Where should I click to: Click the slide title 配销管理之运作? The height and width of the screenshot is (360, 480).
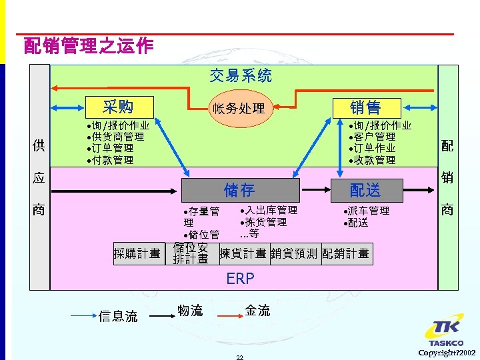pyautogui.click(x=88, y=46)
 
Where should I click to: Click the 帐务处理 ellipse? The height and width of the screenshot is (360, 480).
pyautogui.click(x=238, y=108)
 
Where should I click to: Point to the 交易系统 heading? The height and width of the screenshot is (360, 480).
pyautogui.click(x=241, y=75)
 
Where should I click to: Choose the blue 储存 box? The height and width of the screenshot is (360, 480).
pyautogui.click(x=239, y=190)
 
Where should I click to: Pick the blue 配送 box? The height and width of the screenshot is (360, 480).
pyautogui.click(x=365, y=191)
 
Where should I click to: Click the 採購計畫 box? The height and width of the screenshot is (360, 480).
pyautogui.click(x=137, y=253)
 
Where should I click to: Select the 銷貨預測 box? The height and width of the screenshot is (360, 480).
pyautogui.click(x=295, y=253)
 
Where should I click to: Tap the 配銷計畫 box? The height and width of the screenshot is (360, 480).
pyautogui.click(x=345, y=253)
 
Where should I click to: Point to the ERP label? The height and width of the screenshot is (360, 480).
pyautogui.click(x=240, y=279)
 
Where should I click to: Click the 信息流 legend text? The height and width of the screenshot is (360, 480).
pyautogui.click(x=118, y=316)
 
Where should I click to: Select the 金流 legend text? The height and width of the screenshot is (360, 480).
pyautogui.click(x=257, y=310)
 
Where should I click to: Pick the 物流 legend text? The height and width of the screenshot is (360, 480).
pyautogui.click(x=190, y=310)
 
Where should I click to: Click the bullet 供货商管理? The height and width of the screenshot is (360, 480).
pyautogui.click(x=117, y=137)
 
